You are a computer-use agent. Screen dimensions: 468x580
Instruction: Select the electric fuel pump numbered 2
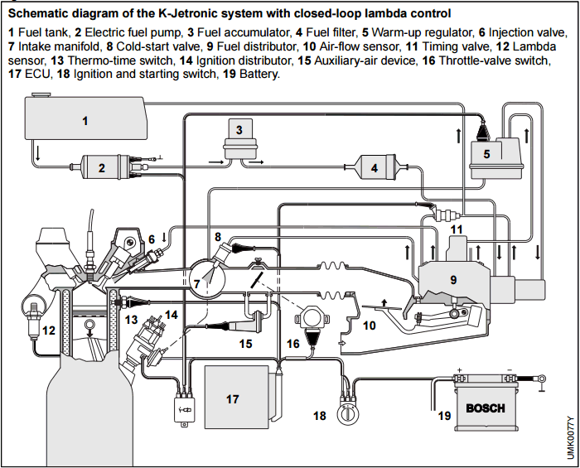101,168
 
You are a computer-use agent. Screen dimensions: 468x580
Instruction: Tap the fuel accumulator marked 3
239,136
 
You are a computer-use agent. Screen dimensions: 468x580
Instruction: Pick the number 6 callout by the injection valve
152,239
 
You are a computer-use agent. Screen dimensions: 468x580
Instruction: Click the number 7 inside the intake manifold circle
196,284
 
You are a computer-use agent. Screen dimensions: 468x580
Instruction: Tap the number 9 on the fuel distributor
452,280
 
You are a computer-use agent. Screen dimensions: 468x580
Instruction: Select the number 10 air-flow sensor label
369,326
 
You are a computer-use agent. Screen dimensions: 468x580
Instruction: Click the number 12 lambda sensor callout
49,330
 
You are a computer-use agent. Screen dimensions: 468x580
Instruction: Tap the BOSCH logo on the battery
485,408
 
